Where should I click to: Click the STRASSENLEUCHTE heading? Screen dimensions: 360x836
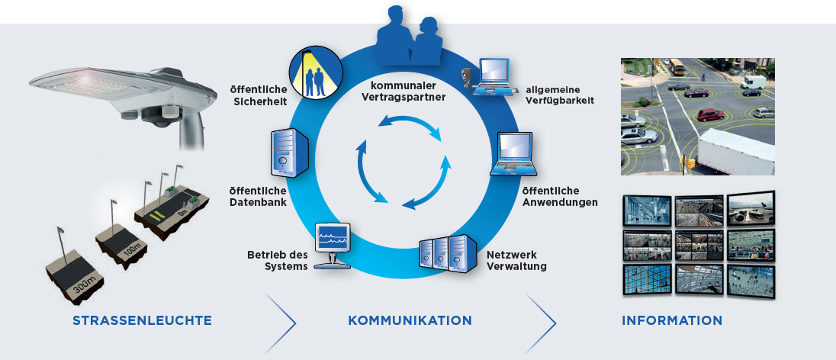pyautogui.click(x=142, y=320)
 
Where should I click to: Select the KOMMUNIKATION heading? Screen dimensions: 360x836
pyautogui.click(x=410, y=320)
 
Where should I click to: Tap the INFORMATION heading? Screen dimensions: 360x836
pyautogui.click(x=672, y=320)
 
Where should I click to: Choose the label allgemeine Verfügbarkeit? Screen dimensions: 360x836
pyautogui.click(x=560, y=95)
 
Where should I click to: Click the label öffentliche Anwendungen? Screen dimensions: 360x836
pyautogui.click(x=560, y=196)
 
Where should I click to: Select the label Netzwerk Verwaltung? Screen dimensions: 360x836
pyautogui.click(x=517, y=261)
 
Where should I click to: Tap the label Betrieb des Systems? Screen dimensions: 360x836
pyautogui.click(x=277, y=260)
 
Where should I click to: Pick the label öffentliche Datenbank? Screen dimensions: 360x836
pyautogui.click(x=258, y=196)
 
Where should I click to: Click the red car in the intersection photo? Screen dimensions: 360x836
pyautogui.click(x=710, y=115)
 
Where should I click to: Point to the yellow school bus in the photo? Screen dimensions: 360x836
pyautogui.click(x=677, y=68)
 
